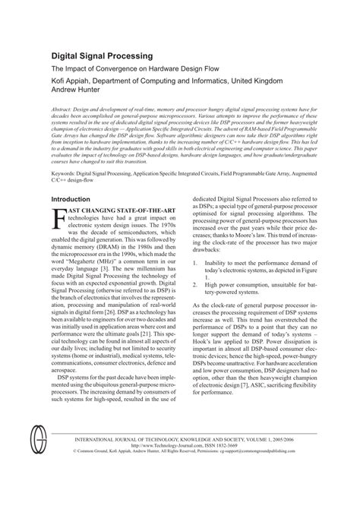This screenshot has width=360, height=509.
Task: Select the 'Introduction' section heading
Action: click(x=74, y=200)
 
